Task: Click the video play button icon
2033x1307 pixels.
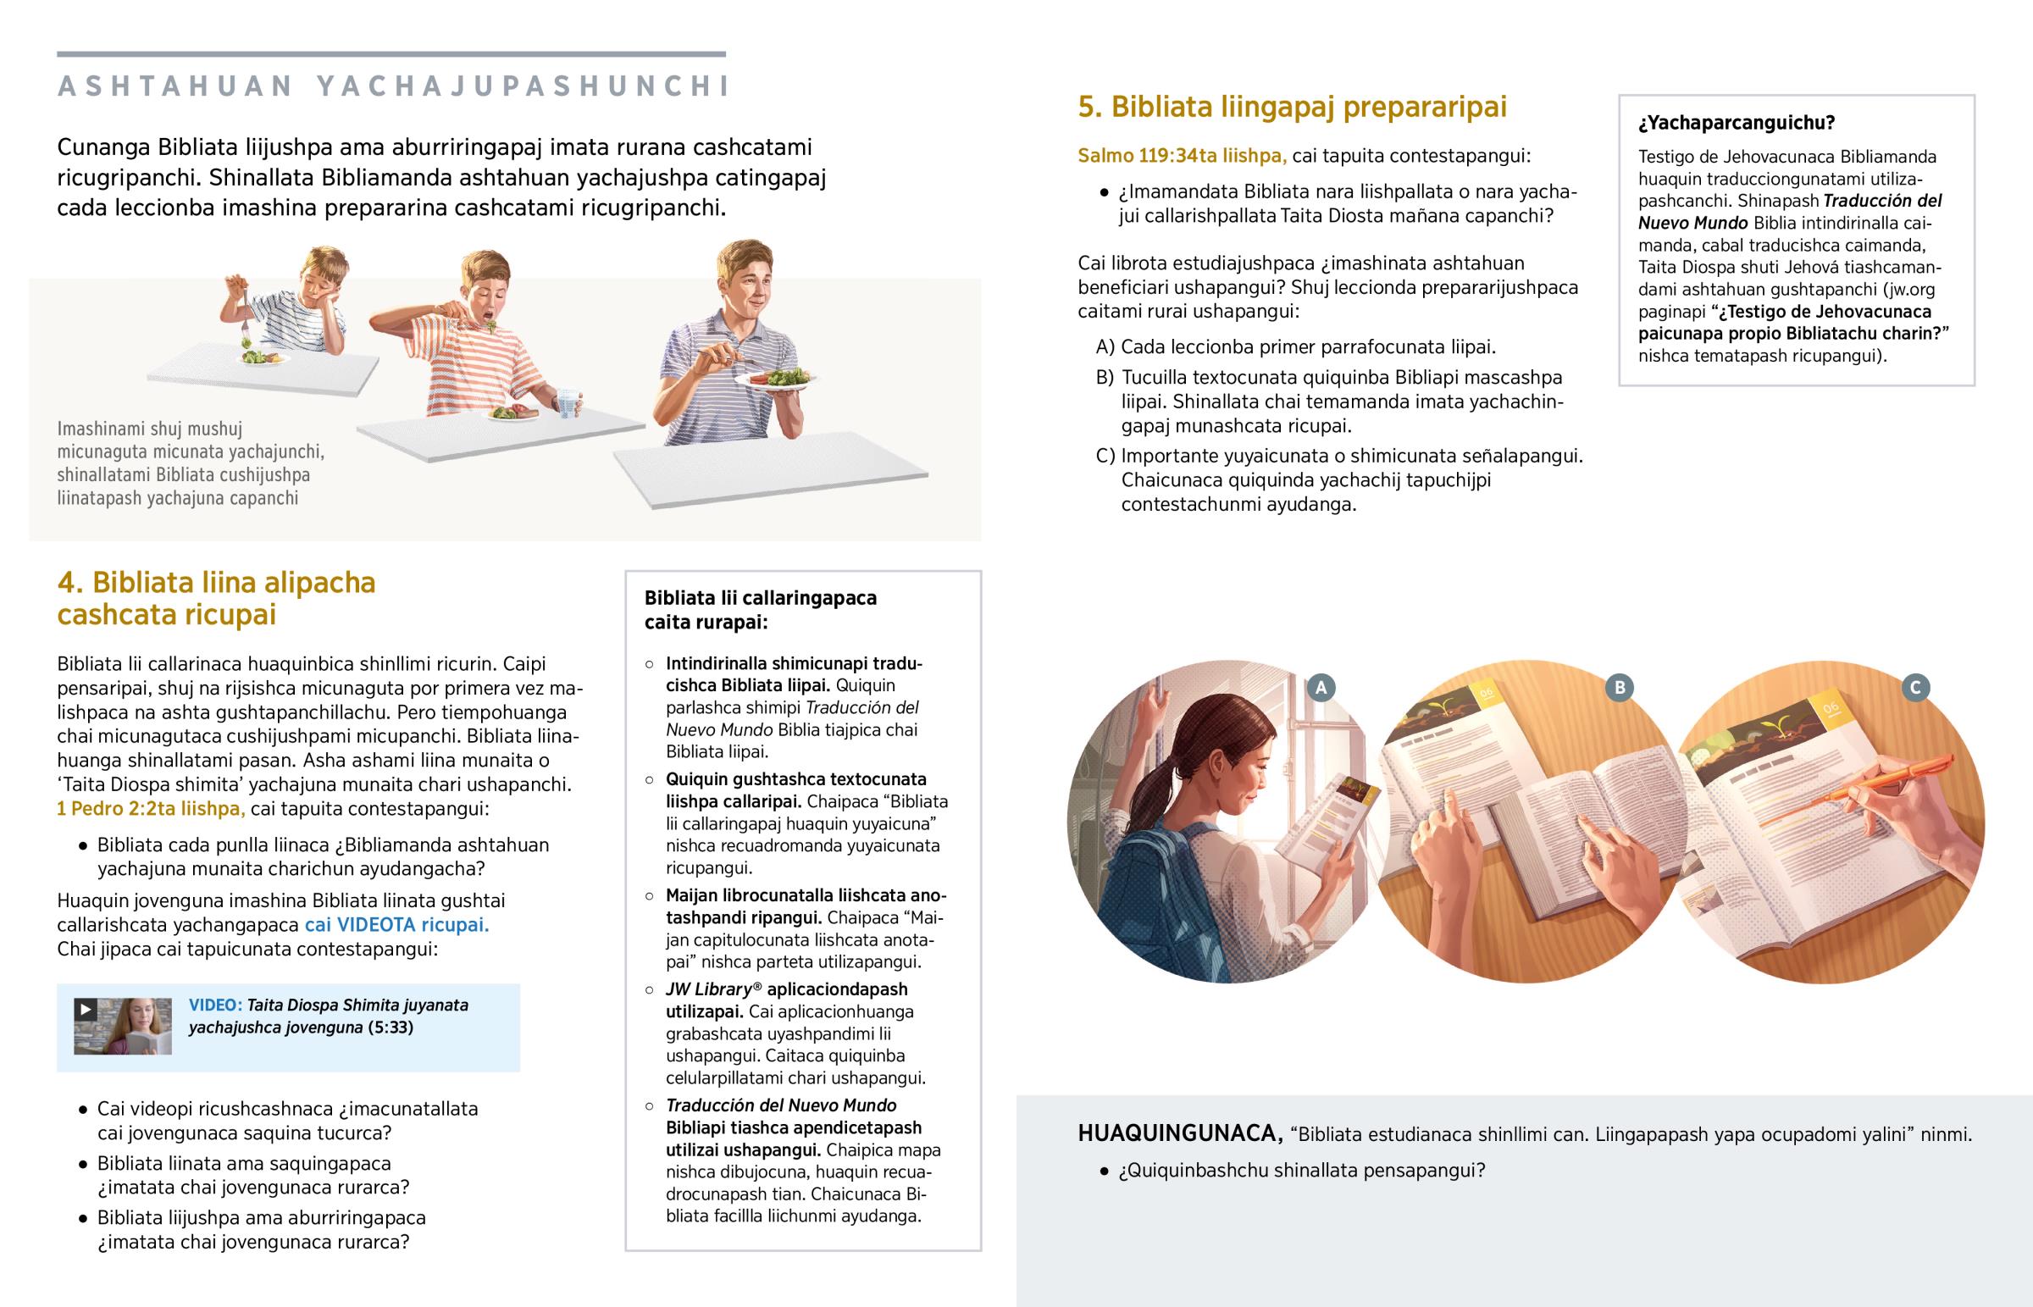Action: (85, 1009)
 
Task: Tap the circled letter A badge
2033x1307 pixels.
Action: (1321, 688)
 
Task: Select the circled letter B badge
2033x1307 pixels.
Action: (1619, 688)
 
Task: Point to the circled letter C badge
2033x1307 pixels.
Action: (1915, 688)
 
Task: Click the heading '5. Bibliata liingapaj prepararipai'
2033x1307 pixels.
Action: (1293, 107)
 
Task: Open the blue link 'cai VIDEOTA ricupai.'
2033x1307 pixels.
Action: (396, 925)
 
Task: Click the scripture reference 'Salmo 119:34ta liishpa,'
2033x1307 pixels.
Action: (1182, 156)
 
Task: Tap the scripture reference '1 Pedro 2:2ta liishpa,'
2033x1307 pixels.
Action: (151, 809)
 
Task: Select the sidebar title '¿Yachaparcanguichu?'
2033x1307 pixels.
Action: (1736, 123)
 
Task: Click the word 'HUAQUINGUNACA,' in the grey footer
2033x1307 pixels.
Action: (1180, 1134)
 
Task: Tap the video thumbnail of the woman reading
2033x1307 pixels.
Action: (123, 1026)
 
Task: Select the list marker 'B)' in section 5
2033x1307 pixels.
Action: (1105, 378)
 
